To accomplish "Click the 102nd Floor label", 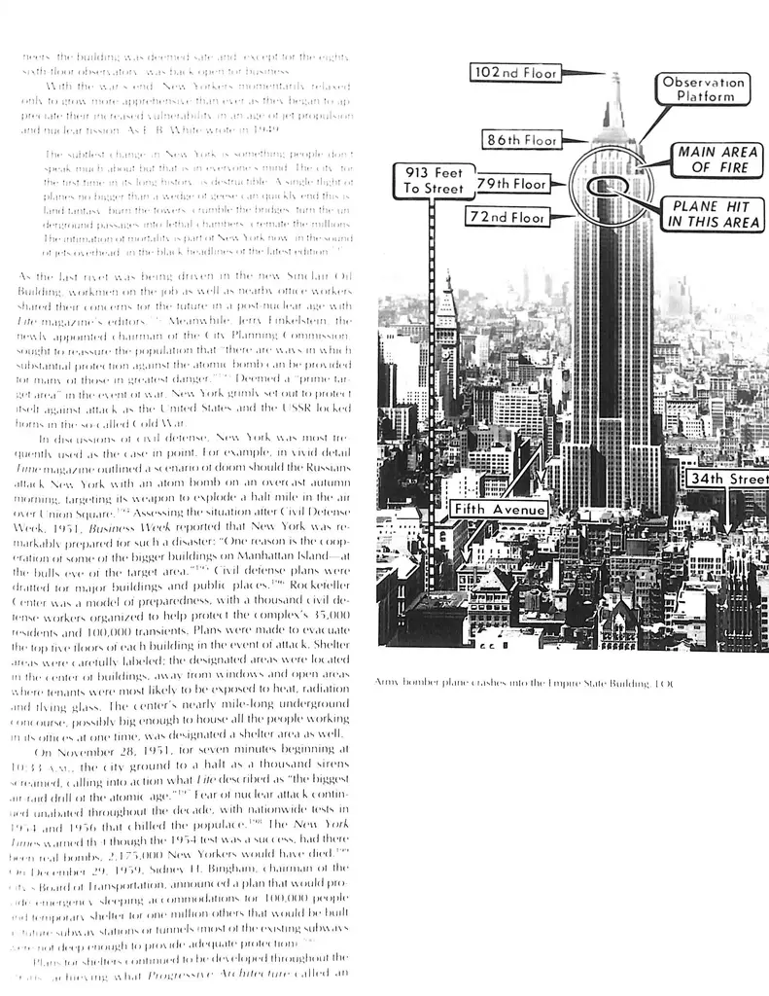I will click(x=514, y=73).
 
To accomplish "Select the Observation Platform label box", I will click(x=704, y=90).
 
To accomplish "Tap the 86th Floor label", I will click(x=522, y=140).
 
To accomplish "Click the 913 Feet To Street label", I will click(x=434, y=180).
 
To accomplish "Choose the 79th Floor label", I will click(x=512, y=183).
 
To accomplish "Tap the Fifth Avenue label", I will click(x=500, y=509).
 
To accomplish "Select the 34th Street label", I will click(x=726, y=479).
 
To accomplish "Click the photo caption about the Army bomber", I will click(x=523, y=682).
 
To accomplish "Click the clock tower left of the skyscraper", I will click(x=446, y=311).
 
